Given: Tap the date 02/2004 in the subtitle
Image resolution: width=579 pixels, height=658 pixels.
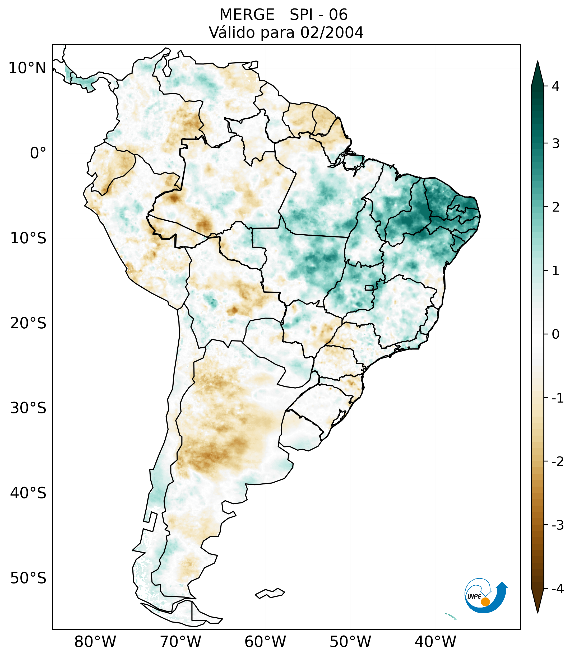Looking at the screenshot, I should point(332,33).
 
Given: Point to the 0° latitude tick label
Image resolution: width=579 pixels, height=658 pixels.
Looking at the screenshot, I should point(38,153).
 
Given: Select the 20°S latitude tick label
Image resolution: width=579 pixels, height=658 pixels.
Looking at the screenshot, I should point(28,323).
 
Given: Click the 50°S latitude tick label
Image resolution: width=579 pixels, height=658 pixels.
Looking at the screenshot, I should point(28,578).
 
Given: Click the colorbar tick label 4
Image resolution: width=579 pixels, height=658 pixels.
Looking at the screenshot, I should point(555,86).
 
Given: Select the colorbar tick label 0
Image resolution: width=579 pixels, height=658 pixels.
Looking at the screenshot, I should point(555,334).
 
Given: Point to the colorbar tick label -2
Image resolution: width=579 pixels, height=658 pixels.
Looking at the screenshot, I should point(557,462).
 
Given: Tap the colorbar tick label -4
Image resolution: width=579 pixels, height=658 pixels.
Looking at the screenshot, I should point(557,589).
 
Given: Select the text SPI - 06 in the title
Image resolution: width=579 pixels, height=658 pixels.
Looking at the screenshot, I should point(318,15).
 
